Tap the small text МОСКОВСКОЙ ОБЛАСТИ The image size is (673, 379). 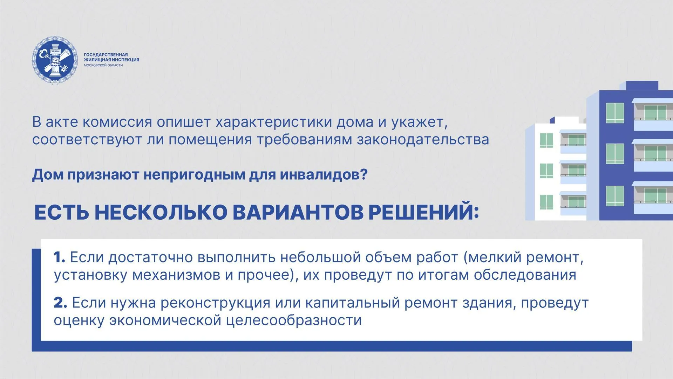point(103,65)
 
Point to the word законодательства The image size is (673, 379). point(423,140)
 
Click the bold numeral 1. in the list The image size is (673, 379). point(59,258)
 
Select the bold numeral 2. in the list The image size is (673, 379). point(60,303)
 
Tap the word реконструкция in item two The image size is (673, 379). point(215,303)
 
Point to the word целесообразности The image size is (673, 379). point(294,320)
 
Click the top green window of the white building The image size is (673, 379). point(546,140)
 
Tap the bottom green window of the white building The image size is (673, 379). point(546,202)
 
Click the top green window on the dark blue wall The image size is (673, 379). point(615,113)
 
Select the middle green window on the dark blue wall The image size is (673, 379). point(615,154)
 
